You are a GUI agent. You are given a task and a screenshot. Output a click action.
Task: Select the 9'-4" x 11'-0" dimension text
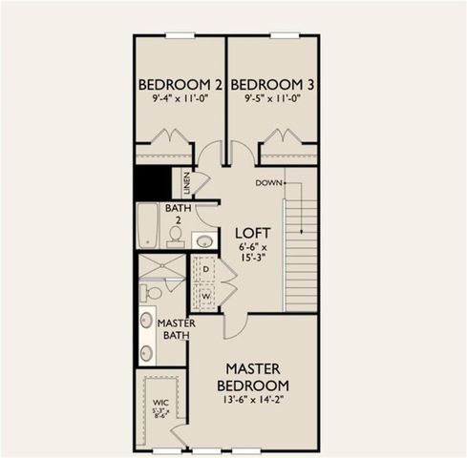click(x=180, y=98)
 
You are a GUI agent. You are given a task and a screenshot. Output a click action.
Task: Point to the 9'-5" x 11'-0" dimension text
click(x=272, y=98)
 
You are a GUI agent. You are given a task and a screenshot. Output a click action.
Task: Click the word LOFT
click(x=253, y=233)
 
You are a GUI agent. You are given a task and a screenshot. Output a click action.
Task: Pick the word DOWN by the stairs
click(x=266, y=181)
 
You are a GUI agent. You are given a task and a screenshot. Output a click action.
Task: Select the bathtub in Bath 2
click(x=148, y=225)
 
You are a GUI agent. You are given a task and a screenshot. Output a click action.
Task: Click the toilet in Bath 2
click(x=176, y=234)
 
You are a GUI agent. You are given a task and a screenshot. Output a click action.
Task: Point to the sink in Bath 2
click(x=204, y=240)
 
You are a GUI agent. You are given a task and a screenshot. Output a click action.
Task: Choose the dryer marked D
click(x=206, y=270)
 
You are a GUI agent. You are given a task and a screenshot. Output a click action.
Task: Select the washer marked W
click(x=206, y=296)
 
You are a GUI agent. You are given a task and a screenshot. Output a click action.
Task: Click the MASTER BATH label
click(x=176, y=330)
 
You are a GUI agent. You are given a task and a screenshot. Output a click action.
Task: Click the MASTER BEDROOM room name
click(x=252, y=376)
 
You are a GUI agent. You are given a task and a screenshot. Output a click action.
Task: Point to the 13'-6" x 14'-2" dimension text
click(x=252, y=401)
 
